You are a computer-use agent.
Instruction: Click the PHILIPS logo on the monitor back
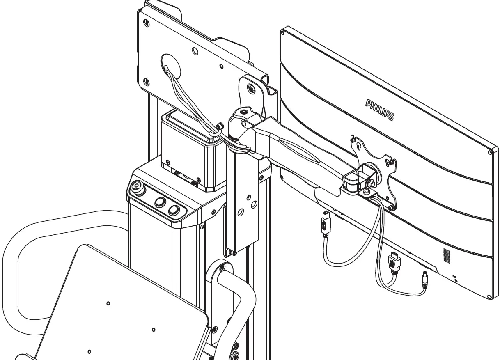pyautogui.click(x=379, y=109)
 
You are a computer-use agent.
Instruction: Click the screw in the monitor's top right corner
pyautogui.click(x=491, y=153)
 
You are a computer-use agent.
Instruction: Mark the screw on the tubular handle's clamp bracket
pyautogui.click(x=222, y=268)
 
